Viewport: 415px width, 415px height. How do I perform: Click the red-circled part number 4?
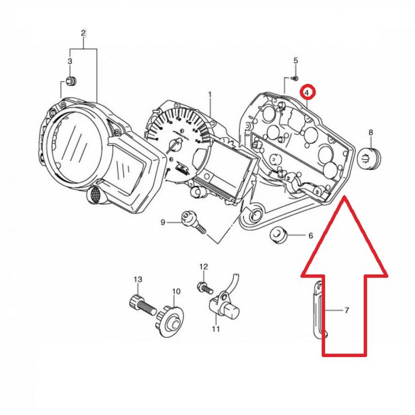point(306,93)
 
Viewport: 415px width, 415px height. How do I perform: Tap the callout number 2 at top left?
point(83,33)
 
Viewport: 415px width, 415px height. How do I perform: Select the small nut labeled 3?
point(70,81)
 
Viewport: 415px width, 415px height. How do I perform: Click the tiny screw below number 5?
point(295,78)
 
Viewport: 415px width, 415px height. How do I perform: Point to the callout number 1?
point(210,94)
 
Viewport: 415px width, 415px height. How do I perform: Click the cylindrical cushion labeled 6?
point(278,236)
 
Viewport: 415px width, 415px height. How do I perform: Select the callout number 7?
point(347,310)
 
